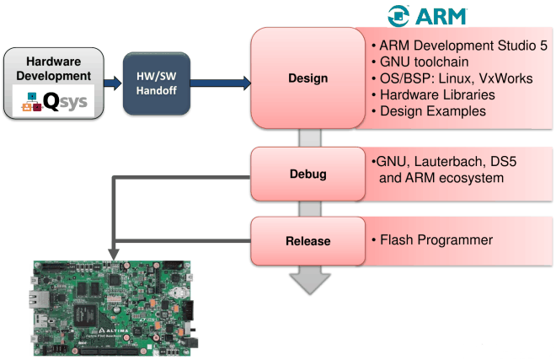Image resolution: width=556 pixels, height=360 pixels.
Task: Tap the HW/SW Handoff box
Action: click(x=155, y=83)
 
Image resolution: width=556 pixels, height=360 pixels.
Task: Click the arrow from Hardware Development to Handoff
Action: click(x=112, y=83)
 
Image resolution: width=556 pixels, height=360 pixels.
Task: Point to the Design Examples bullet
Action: click(x=428, y=111)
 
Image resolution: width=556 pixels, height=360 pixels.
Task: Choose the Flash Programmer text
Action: click(x=434, y=241)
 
